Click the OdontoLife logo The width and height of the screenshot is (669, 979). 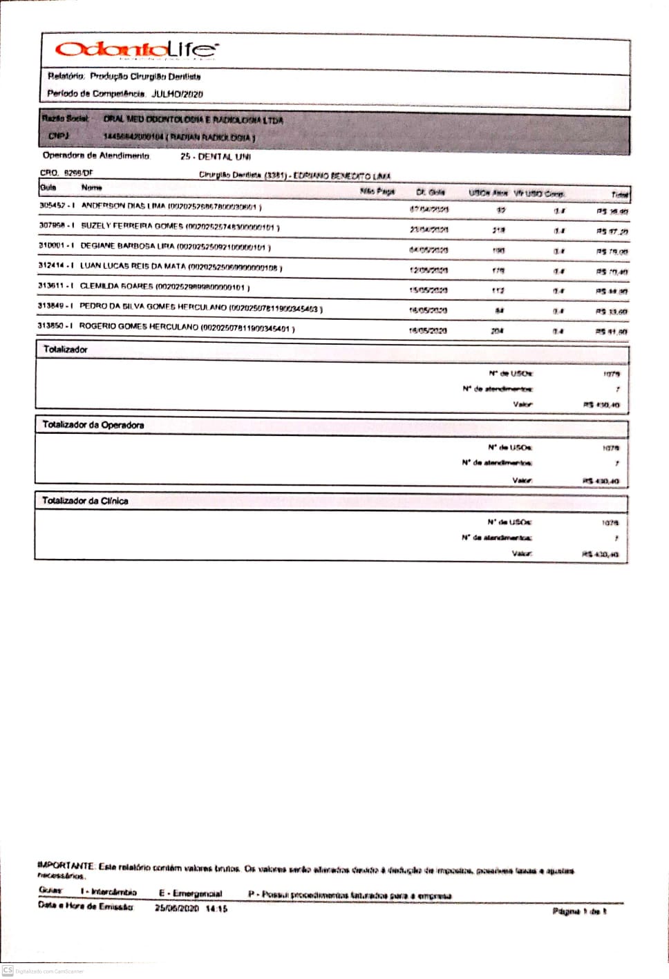(136, 50)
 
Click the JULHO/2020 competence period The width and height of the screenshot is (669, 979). (177, 94)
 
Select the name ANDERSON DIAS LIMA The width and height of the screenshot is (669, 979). (124, 206)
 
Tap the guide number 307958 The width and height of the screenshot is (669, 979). (52, 226)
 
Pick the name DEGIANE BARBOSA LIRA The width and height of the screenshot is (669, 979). (127, 246)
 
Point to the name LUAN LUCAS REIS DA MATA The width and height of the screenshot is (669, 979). (133, 266)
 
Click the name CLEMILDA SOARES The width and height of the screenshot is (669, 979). (116, 286)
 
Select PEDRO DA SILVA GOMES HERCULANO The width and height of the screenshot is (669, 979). (153, 306)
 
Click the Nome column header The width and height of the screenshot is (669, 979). (91, 188)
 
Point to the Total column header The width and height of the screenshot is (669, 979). (619, 195)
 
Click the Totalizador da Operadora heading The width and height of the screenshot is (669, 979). (93, 425)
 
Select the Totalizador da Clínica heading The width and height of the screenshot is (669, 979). (85, 501)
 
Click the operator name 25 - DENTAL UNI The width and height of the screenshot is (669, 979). (216, 157)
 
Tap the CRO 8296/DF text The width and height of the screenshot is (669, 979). (66, 173)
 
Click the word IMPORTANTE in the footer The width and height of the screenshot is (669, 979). (65, 866)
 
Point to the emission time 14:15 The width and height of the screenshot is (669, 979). (216, 909)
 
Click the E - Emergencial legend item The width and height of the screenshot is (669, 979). (190, 893)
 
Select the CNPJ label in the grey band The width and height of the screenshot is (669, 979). (59, 136)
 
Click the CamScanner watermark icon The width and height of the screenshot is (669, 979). (8, 971)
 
